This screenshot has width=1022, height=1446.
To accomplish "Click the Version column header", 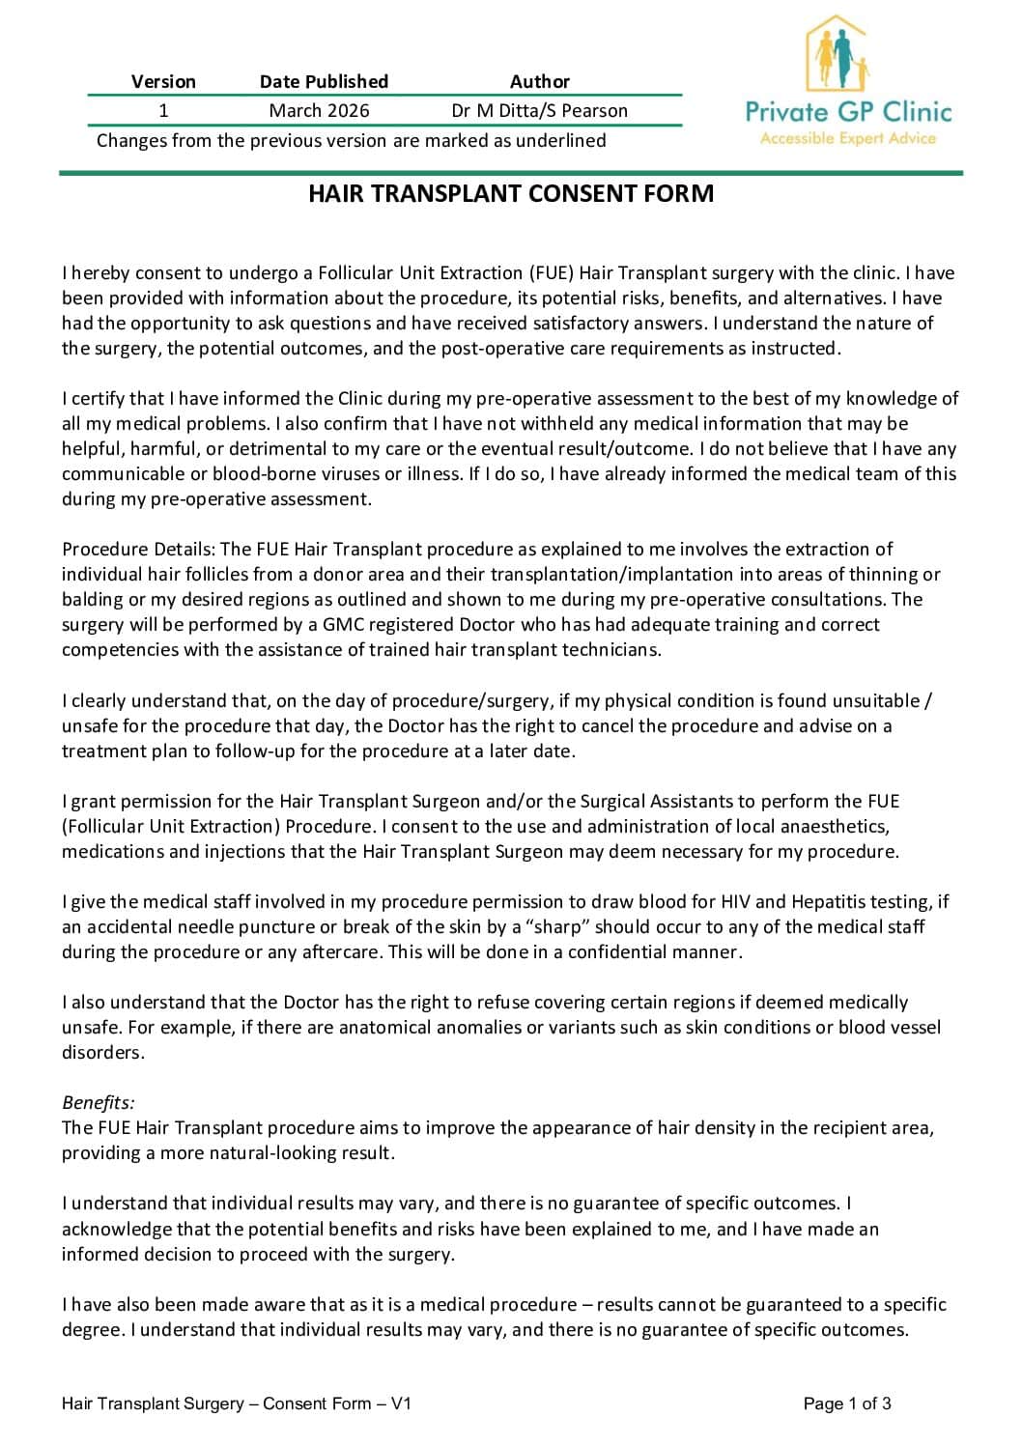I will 163,81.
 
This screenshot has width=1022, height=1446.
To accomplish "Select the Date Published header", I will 324,81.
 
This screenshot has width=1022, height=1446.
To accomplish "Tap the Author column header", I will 539,81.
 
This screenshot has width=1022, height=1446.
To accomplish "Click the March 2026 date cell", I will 319,110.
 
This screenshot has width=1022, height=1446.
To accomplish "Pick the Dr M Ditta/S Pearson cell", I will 539,110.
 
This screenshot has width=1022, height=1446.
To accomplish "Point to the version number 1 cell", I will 163,110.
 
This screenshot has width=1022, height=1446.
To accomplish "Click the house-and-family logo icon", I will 837,54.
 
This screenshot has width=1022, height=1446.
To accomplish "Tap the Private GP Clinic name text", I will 848,112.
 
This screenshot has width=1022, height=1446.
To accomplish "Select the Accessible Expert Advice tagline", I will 848,138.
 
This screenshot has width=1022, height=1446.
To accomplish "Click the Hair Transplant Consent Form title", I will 511,193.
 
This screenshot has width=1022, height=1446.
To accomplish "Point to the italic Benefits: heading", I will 99,1102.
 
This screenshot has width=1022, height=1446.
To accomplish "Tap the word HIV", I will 735,901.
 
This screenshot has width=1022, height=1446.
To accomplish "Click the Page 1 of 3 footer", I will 847,1403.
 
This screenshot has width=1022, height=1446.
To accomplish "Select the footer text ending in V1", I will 237,1403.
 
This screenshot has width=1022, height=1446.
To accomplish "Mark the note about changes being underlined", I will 352,140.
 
